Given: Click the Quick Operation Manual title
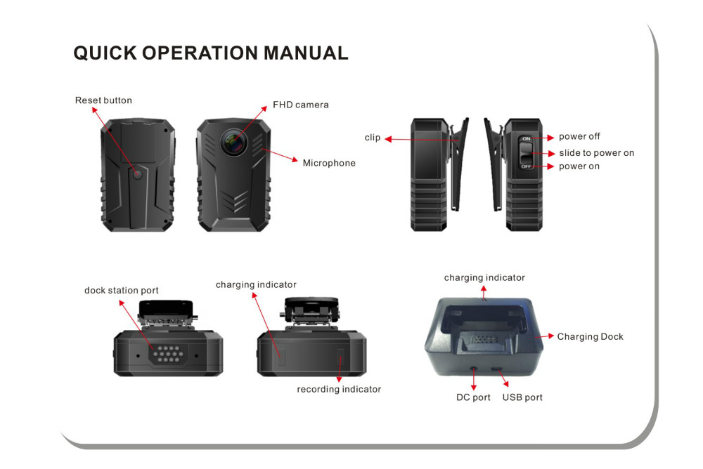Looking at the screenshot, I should [x=211, y=53].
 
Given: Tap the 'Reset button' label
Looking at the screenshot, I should [x=103, y=100].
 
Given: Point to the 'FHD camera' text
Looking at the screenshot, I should [x=300, y=105].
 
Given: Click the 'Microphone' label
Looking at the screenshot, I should [x=329, y=163].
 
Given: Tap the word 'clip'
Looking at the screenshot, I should [x=372, y=138].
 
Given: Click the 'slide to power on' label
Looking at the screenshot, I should [x=596, y=152].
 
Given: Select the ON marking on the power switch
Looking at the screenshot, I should [x=526, y=138].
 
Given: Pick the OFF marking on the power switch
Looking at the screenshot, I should [x=526, y=166].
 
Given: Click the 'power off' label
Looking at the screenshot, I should [x=579, y=136].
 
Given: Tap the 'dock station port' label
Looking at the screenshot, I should [x=122, y=290].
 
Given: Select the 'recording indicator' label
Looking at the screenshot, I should [x=339, y=389].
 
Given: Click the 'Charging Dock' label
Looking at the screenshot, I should [x=590, y=336].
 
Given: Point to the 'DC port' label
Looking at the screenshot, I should [x=473, y=397].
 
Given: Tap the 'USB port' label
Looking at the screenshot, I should [x=522, y=397].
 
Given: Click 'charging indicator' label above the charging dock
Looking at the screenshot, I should [x=484, y=278].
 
